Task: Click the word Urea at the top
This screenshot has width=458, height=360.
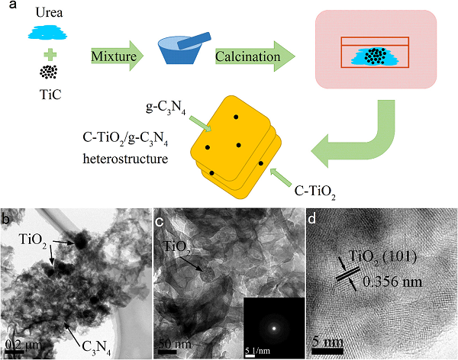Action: click(x=49, y=12)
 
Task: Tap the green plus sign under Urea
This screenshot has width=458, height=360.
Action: click(x=50, y=55)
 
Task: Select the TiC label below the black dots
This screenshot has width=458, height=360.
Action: click(x=50, y=95)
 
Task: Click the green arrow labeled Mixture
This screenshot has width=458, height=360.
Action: click(x=117, y=56)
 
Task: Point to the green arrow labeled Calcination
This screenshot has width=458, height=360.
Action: click(x=255, y=56)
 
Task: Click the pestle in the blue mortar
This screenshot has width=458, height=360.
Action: click(x=194, y=40)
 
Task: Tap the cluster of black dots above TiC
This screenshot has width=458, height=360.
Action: click(x=49, y=72)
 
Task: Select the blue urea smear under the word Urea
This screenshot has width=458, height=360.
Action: click(x=47, y=33)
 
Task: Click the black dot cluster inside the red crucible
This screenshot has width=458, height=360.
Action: click(x=376, y=56)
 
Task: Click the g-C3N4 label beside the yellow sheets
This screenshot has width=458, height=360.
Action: click(x=166, y=108)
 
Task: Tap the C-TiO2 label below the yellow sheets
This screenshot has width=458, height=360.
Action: click(x=314, y=192)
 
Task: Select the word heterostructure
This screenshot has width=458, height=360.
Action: click(x=126, y=159)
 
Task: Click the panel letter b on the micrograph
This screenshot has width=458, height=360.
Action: click(x=5, y=219)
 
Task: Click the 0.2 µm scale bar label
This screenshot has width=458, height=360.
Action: click(x=24, y=345)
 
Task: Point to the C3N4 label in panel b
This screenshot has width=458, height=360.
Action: click(x=96, y=348)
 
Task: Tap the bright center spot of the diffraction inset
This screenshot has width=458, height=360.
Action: click(x=274, y=328)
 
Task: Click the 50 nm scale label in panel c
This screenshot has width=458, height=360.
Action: click(x=175, y=344)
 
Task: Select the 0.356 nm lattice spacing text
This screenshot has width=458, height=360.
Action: click(x=392, y=281)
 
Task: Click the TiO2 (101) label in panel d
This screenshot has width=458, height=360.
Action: click(x=382, y=258)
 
